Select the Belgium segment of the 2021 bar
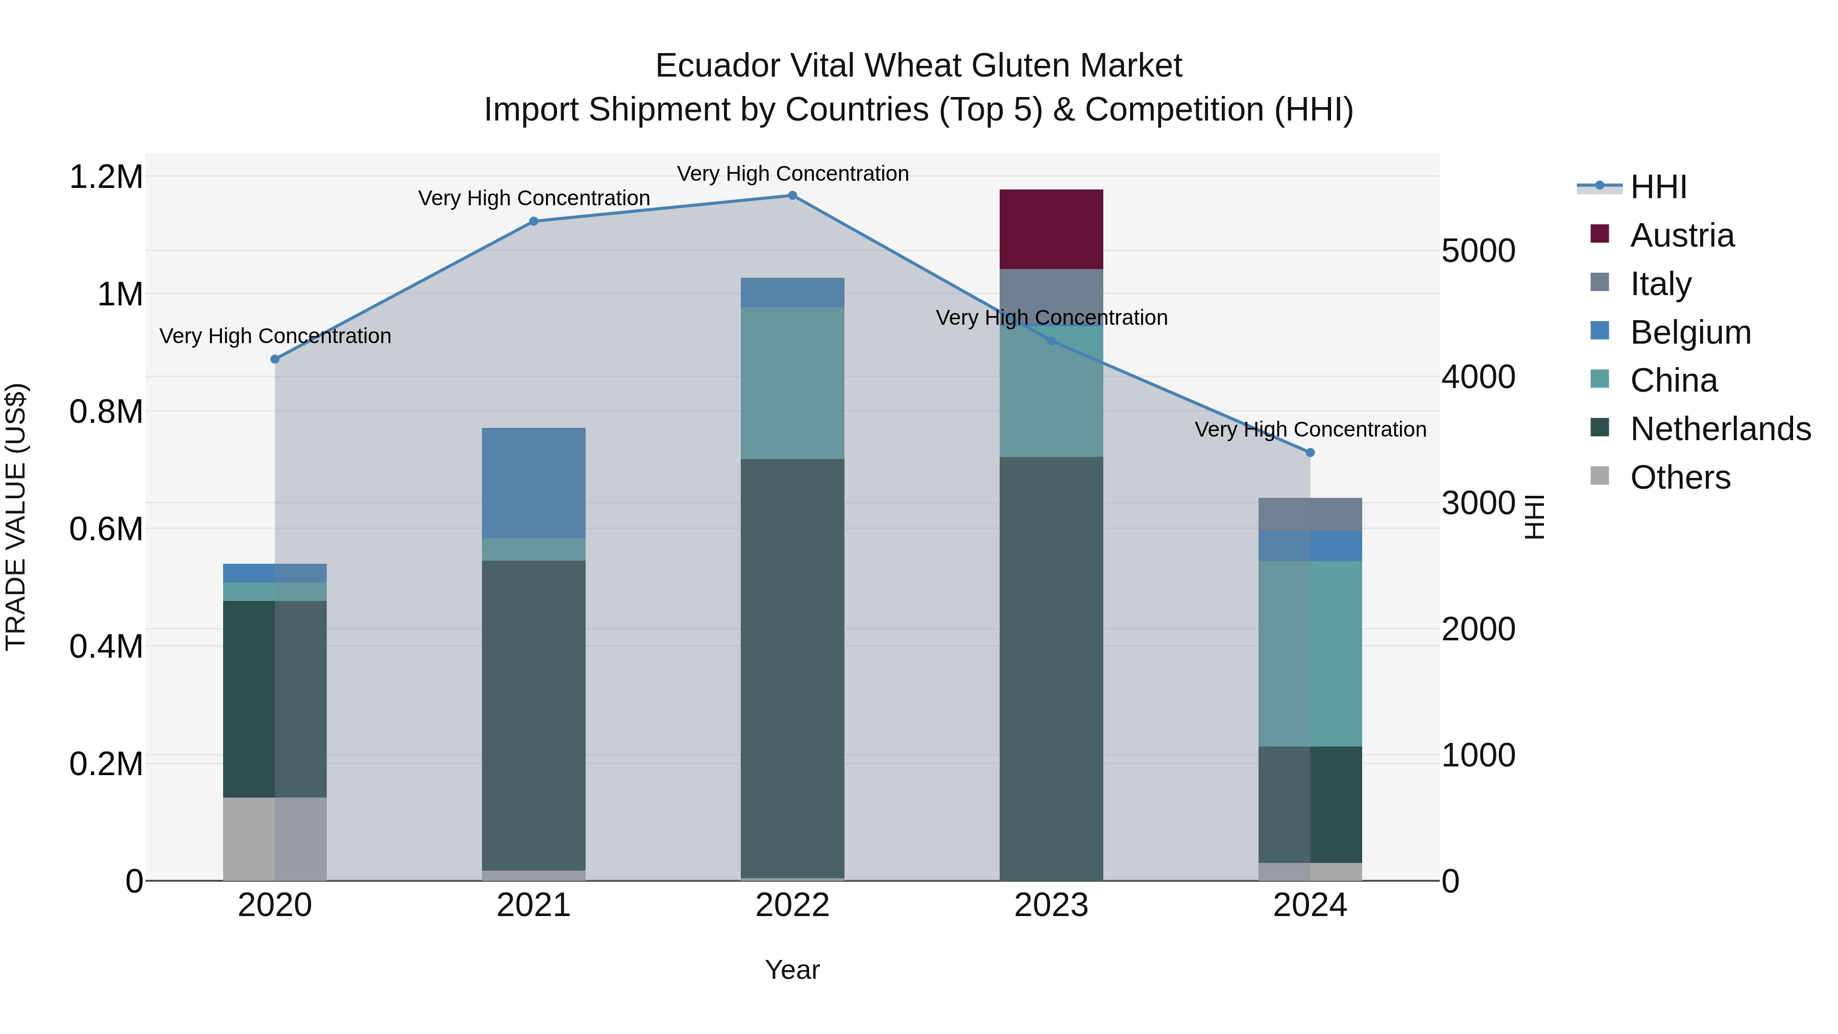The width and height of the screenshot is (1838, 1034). [x=534, y=483]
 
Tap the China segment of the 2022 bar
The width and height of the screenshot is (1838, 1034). [x=792, y=383]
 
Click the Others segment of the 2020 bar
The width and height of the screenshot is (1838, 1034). [x=275, y=838]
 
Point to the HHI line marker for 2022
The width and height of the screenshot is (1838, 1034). [x=792, y=196]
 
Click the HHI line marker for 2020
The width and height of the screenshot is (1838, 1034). [x=275, y=359]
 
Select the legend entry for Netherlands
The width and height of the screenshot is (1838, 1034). [x=1720, y=429]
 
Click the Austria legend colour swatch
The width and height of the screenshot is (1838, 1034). [x=1600, y=234]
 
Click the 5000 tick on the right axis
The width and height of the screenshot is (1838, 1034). [x=1478, y=251]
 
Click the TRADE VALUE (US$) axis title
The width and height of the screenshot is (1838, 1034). [x=16, y=517]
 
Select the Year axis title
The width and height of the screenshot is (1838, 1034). [x=792, y=970]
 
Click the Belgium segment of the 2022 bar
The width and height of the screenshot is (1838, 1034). [x=792, y=293]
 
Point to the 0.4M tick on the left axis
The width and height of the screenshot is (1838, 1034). [x=106, y=646]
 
